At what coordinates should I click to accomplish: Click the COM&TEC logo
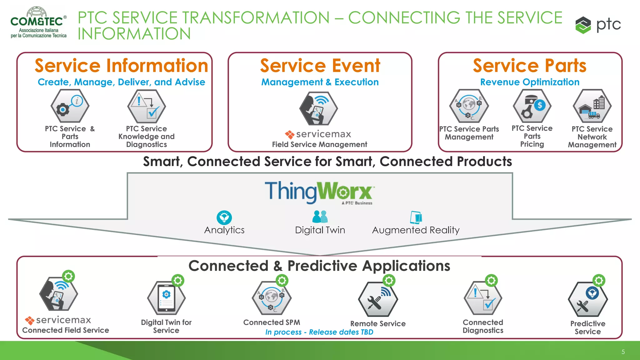point(38,22)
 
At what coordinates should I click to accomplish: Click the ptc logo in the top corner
point(598,25)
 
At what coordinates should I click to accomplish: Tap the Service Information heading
point(121,66)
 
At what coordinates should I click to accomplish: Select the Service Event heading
point(320,66)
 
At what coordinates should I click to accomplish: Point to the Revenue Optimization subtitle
point(530,82)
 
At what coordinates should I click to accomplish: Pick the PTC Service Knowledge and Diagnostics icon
point(146,107)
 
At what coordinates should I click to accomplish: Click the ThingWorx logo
point(319,192)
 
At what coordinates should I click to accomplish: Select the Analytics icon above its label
point(224,217)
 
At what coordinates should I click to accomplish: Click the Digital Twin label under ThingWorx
point(320,230)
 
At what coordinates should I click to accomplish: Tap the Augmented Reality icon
point(416,217)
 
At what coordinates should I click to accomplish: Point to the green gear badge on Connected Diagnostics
point(491,281)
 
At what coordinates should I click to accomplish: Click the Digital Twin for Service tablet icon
point(166,298)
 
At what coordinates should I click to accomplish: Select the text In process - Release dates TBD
point(319,332)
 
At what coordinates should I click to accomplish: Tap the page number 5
point(623,352)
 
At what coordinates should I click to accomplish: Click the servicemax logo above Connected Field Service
point(58,320)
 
